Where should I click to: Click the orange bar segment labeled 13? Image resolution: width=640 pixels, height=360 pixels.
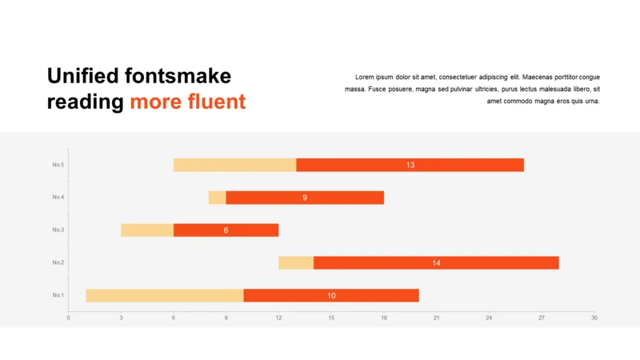(410, 165)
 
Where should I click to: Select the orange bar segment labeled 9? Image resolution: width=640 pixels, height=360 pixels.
(305, 198)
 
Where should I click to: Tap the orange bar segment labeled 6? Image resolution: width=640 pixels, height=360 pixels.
(226, 230)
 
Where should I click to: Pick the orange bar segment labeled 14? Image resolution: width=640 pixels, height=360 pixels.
(436, 263)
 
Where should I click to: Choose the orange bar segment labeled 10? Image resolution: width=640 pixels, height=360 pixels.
(331, 295)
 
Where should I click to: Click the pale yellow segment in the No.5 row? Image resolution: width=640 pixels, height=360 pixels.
(234, 165)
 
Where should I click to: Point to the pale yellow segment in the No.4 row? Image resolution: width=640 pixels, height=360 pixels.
(217, 198)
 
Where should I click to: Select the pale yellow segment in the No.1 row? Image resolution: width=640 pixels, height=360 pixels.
(165, 295)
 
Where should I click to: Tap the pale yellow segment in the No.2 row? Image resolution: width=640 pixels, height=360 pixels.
(296, 263)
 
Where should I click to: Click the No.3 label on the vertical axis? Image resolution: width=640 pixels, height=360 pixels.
(58, 230)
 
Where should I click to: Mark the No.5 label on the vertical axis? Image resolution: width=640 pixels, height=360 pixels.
(58, 165)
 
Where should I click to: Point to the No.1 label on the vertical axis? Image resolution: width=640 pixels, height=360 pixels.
(58, 295)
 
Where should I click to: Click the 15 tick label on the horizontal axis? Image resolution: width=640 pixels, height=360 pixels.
(331, 318)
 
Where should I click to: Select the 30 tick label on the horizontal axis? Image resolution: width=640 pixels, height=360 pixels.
(594, 318)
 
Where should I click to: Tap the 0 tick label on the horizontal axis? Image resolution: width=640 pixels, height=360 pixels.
(68, 318)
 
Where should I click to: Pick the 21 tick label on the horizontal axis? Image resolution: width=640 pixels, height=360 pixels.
(436, 318)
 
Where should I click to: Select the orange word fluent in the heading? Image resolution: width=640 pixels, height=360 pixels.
(217, 102)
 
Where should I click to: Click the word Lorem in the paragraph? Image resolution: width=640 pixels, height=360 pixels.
(365, 77)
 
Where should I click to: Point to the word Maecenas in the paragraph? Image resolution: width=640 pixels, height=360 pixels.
(537, 77)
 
